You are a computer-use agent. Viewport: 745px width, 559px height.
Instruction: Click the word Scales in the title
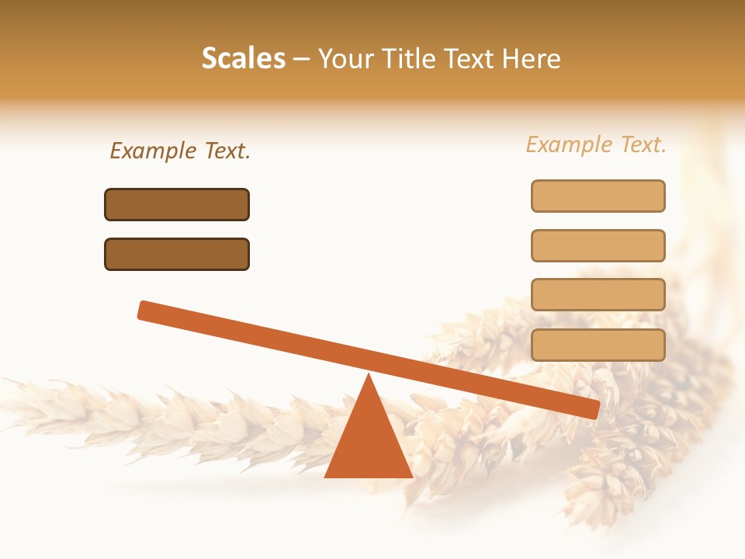click(x=243, y=59)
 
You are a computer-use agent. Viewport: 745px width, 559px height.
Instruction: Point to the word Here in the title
click(x=532, y=59)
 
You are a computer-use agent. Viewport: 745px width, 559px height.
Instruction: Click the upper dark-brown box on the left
click(x=177, y=204)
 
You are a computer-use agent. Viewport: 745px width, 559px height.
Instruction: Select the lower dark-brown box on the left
click(x=177, y=254)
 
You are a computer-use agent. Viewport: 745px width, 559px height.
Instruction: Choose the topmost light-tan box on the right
click(x=598, y=196)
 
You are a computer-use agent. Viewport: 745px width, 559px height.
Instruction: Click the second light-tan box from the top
click(x=598, y=245)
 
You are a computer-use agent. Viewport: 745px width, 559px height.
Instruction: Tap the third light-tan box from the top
click(x=598, y=295)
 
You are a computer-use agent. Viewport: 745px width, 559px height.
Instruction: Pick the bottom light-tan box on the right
click(x=598, y=345)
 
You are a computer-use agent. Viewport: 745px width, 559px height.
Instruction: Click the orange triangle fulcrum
click(x=369, y=443)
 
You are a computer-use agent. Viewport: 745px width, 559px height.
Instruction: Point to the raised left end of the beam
click(x=145, y=310)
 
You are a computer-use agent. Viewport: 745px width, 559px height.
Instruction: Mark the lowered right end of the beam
click(x=591, y=408)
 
